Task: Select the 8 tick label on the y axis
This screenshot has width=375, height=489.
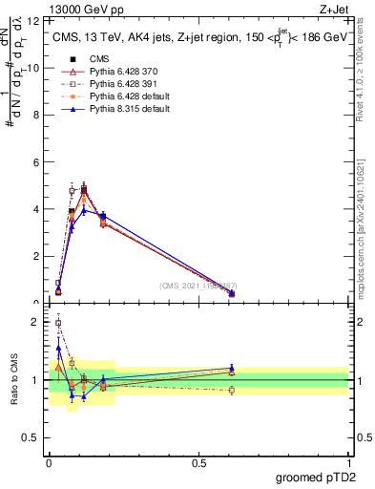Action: click(36, 115)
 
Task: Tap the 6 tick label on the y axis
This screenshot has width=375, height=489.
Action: click(36, 162)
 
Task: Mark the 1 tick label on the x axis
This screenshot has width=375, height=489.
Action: click(348, 462)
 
